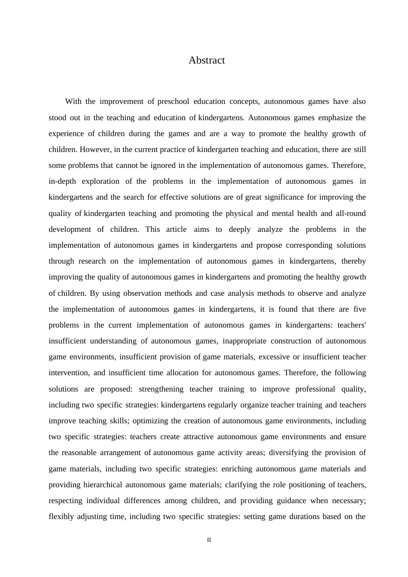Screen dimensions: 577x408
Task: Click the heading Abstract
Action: tap(207, 60)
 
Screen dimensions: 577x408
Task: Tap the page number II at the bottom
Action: tap(209, 540)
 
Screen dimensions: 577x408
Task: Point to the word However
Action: tap(95, 149)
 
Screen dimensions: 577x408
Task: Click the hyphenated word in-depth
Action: tap(62, 181)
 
